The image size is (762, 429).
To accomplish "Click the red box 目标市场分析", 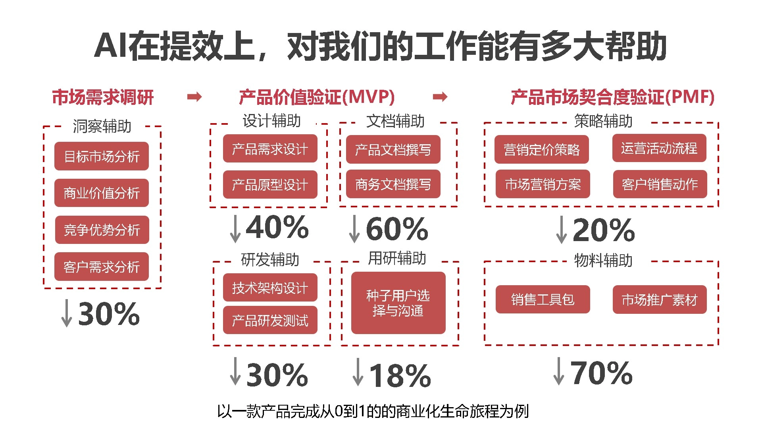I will (x=102, y=156).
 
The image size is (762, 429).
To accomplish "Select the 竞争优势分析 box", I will (x=102, y=230).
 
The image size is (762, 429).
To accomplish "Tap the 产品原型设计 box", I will (x=270, y=184).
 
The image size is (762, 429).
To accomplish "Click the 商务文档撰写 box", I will (x=393, y=184).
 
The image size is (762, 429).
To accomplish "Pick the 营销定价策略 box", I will (x=541, y=149).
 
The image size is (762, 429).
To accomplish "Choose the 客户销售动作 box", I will (x=660, y=184).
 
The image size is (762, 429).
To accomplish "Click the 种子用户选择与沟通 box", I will (x=398, y=303).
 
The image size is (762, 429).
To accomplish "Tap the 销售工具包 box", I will (x=543, y=300).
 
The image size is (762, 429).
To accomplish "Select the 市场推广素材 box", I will (x=659, y=300).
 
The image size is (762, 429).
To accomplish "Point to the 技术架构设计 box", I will (x=270, y=288).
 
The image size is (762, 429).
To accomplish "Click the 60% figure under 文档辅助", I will (x=397, y=229).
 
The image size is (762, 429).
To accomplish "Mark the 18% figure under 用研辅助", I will (x=400, y=375).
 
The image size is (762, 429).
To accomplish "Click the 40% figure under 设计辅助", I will (x=277, y=227).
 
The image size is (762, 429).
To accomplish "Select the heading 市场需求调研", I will (x=103, y=97).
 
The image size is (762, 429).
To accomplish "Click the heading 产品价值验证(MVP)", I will (x=317, y=97).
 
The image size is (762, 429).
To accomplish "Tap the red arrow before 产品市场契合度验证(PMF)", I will (x=440, y=97).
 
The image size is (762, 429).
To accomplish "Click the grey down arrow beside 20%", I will (x=561, y=230).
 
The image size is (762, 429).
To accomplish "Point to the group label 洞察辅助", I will (x=102, y=126).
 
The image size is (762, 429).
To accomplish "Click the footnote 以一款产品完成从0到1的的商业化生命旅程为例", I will (x=373, y=411).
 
